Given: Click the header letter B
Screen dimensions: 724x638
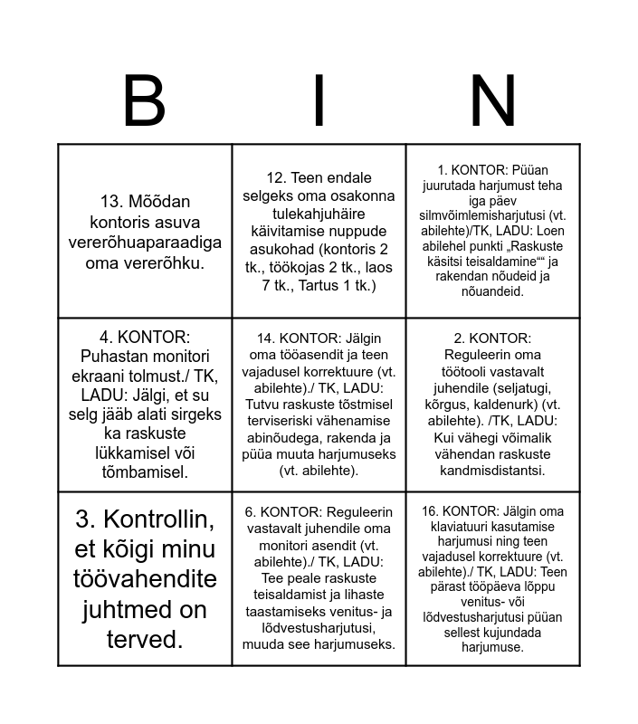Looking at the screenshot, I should click(x=144, y=101).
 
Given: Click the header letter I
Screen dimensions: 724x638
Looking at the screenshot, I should click(x=319, y=101).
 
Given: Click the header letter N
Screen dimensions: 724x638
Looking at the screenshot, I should click(x=492, y=101).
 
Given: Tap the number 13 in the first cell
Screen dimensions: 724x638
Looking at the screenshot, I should click(x=111, y=202).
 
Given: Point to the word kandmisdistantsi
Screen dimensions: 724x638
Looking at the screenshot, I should click(x=492, y=471).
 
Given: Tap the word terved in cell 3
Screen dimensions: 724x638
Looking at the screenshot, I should click(x=145, y=640).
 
